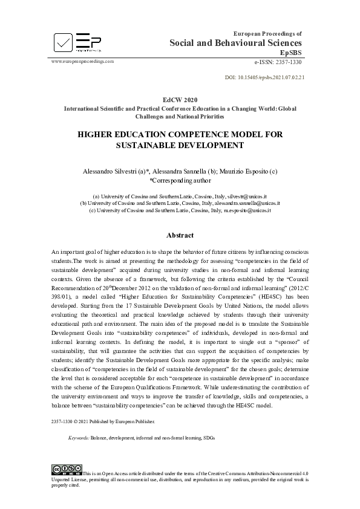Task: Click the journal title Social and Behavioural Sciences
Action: coord(235,42)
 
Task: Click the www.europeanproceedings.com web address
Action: coord(82,62)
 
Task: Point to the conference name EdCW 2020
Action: coord(180,99)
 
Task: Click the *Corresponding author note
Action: coord(180,180)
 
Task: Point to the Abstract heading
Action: coord(180,235)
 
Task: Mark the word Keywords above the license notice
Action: coord(79,436)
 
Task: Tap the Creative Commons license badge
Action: coord(67,468)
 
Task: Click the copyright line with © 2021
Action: coord(103,421)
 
